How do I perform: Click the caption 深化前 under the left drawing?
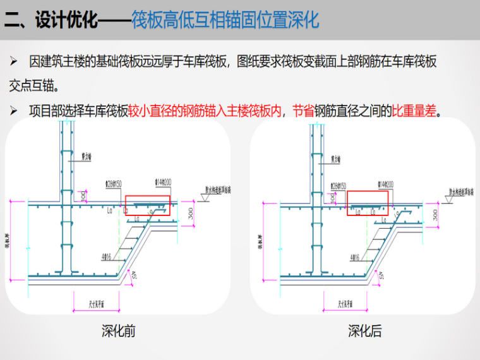pyautogui.click(x=118, y=331)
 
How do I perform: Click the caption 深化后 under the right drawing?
pyautogui.click(x=364, y=331)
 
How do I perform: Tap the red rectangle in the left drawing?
pyautogui.click(x=147, y=205)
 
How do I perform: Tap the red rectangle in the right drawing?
pyautogui.click(x=367, y=202)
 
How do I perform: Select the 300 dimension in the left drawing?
pyautogui.click(x=191, y=215)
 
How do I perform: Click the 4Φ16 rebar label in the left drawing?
pyautogui.click(x=105, y=257)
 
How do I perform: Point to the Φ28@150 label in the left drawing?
pyautogui.click(x=114, y=184)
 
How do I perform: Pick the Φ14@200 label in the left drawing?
pyautogui.click(x=164, y=182)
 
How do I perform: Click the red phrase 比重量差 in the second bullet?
pyautogui.click(x=414, y=111)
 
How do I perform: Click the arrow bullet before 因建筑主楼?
pyautogui.click(x=14, y=63)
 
